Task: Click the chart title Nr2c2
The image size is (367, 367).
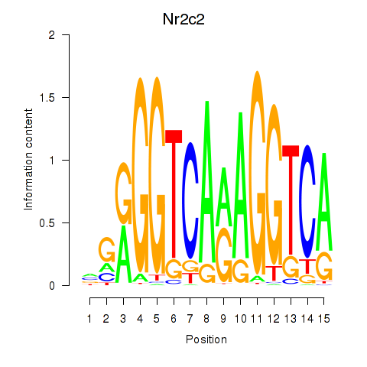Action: point(183,19)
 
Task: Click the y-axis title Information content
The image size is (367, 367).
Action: point(28,159)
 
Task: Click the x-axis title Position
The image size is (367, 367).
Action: point(206,339)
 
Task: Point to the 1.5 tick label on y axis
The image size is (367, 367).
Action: point(47,97)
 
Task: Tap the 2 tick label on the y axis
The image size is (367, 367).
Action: point(52,34)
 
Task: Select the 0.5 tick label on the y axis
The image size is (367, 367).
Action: point(47,222)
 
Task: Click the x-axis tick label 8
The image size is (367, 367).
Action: point(206,319)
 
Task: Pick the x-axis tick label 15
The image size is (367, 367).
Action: point(324,319)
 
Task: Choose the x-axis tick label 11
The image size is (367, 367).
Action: point(257,319)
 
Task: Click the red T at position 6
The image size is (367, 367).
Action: point(174,193)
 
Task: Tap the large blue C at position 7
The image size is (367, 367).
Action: point(190,200)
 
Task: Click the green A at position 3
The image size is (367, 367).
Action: point(124,254)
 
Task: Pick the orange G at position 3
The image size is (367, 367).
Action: point(124,193)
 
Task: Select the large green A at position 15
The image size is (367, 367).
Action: point(324,202)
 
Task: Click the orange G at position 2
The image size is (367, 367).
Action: point(107,248)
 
